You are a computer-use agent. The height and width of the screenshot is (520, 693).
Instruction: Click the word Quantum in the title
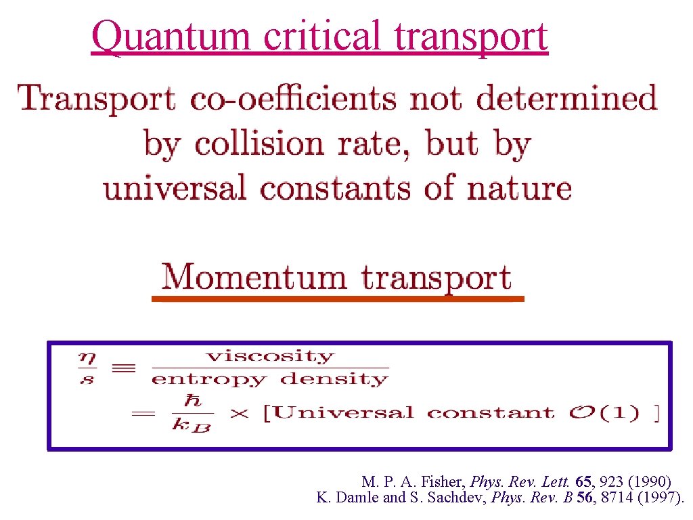point(173,37)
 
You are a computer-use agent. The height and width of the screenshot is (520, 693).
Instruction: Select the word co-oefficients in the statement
point(294,99)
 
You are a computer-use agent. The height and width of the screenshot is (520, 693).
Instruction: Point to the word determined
point(566,99)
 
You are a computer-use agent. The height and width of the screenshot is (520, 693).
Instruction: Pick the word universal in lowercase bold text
point(175,188)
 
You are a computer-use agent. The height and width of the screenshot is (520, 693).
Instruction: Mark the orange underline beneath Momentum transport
point(338,298)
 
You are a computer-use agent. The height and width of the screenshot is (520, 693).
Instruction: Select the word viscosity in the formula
point(270,356)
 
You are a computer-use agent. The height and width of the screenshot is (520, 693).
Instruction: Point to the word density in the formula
point(334,378)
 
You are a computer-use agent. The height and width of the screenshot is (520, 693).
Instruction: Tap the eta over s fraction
point(86,368)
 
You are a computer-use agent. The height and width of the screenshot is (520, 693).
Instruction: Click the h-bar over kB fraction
point(193,413)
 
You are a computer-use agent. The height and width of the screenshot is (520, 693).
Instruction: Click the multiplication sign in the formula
point(238,413)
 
